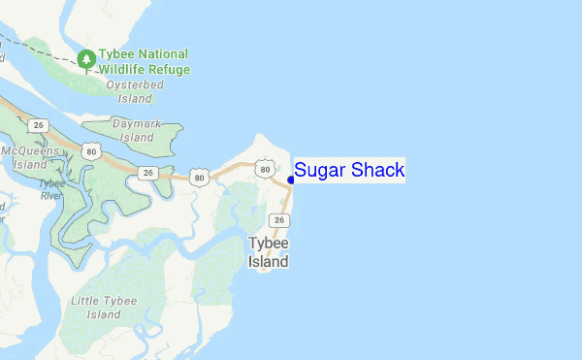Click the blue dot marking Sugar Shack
[291, 180]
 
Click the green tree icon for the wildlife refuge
[86, 59]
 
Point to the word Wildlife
[124, 70]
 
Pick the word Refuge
[170, 70]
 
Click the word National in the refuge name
[163, 54]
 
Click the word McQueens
[23, 150]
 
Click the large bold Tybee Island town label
[268, 251]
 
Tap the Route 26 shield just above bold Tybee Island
[279, 220]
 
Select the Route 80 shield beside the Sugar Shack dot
[265, 170]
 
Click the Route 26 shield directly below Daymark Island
[147, 173]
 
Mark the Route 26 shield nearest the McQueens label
[38, 125]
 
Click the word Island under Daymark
[137, 138]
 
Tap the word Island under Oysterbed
[135, 98]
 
